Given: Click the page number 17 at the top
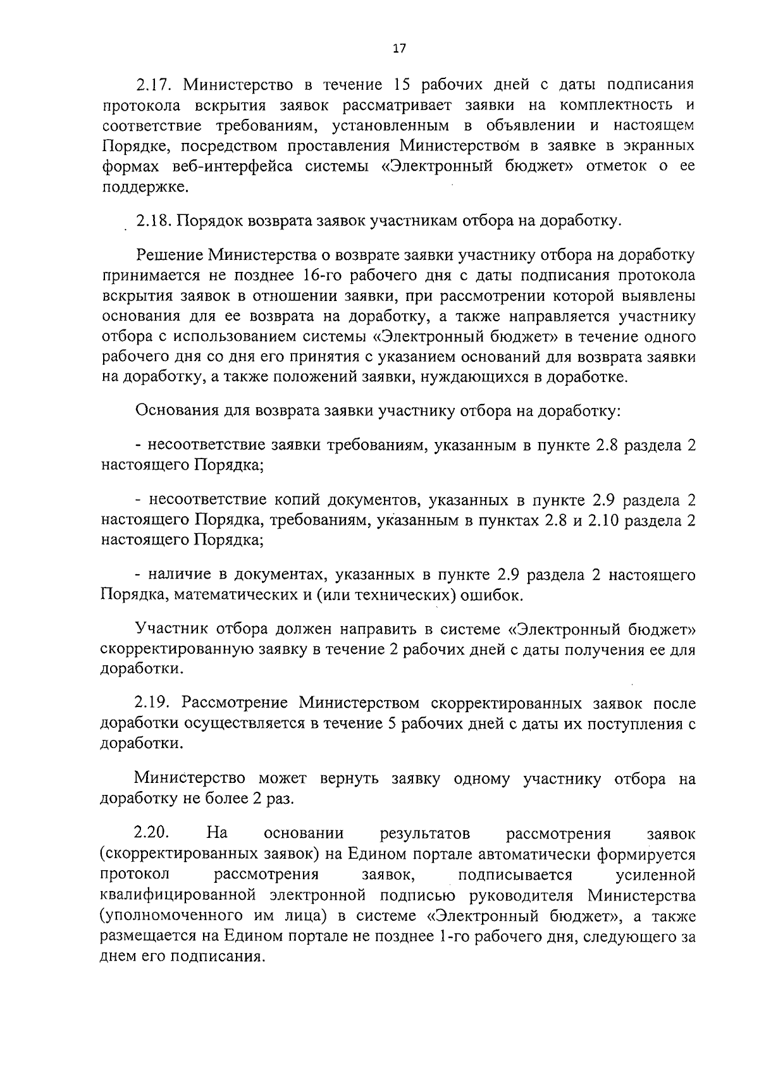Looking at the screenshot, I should coord(398,49).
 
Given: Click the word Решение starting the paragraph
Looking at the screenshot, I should coord(168,255).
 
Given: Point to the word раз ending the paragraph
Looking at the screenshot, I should coord(280,799).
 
